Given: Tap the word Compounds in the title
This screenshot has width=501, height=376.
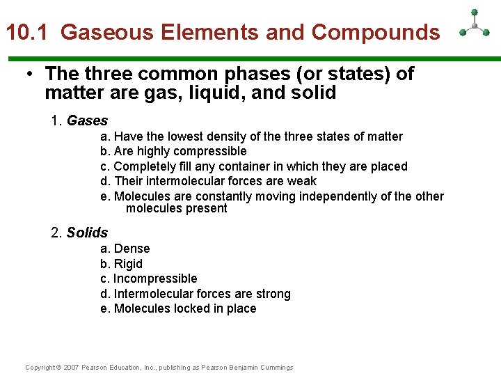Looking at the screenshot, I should (x=376, y=33).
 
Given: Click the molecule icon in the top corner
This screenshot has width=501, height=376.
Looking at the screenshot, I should (x=475, y=25).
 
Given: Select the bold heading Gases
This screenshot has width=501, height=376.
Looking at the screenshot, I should (x=87, y=120).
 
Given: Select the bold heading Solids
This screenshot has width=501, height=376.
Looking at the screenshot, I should (x=87, y=233).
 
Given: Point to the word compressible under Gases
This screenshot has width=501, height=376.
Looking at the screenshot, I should (x=210, y=151).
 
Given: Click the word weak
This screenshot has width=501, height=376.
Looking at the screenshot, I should (x=302, y=181).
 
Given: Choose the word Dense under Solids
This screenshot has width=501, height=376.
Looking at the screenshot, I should (x=132, y=249).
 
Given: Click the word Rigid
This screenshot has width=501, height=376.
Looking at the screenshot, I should (x=128, y=264).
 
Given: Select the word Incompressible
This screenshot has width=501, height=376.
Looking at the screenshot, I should (x=155, y=279).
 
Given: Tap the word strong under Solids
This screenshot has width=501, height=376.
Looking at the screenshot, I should (x=273, y=294).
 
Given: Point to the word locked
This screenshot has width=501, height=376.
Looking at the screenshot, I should (x=187, y=308).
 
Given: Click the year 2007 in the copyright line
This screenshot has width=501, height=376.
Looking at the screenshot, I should (x=72, y=368).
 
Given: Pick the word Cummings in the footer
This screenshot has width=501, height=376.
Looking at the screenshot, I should (x=276, y=368).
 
